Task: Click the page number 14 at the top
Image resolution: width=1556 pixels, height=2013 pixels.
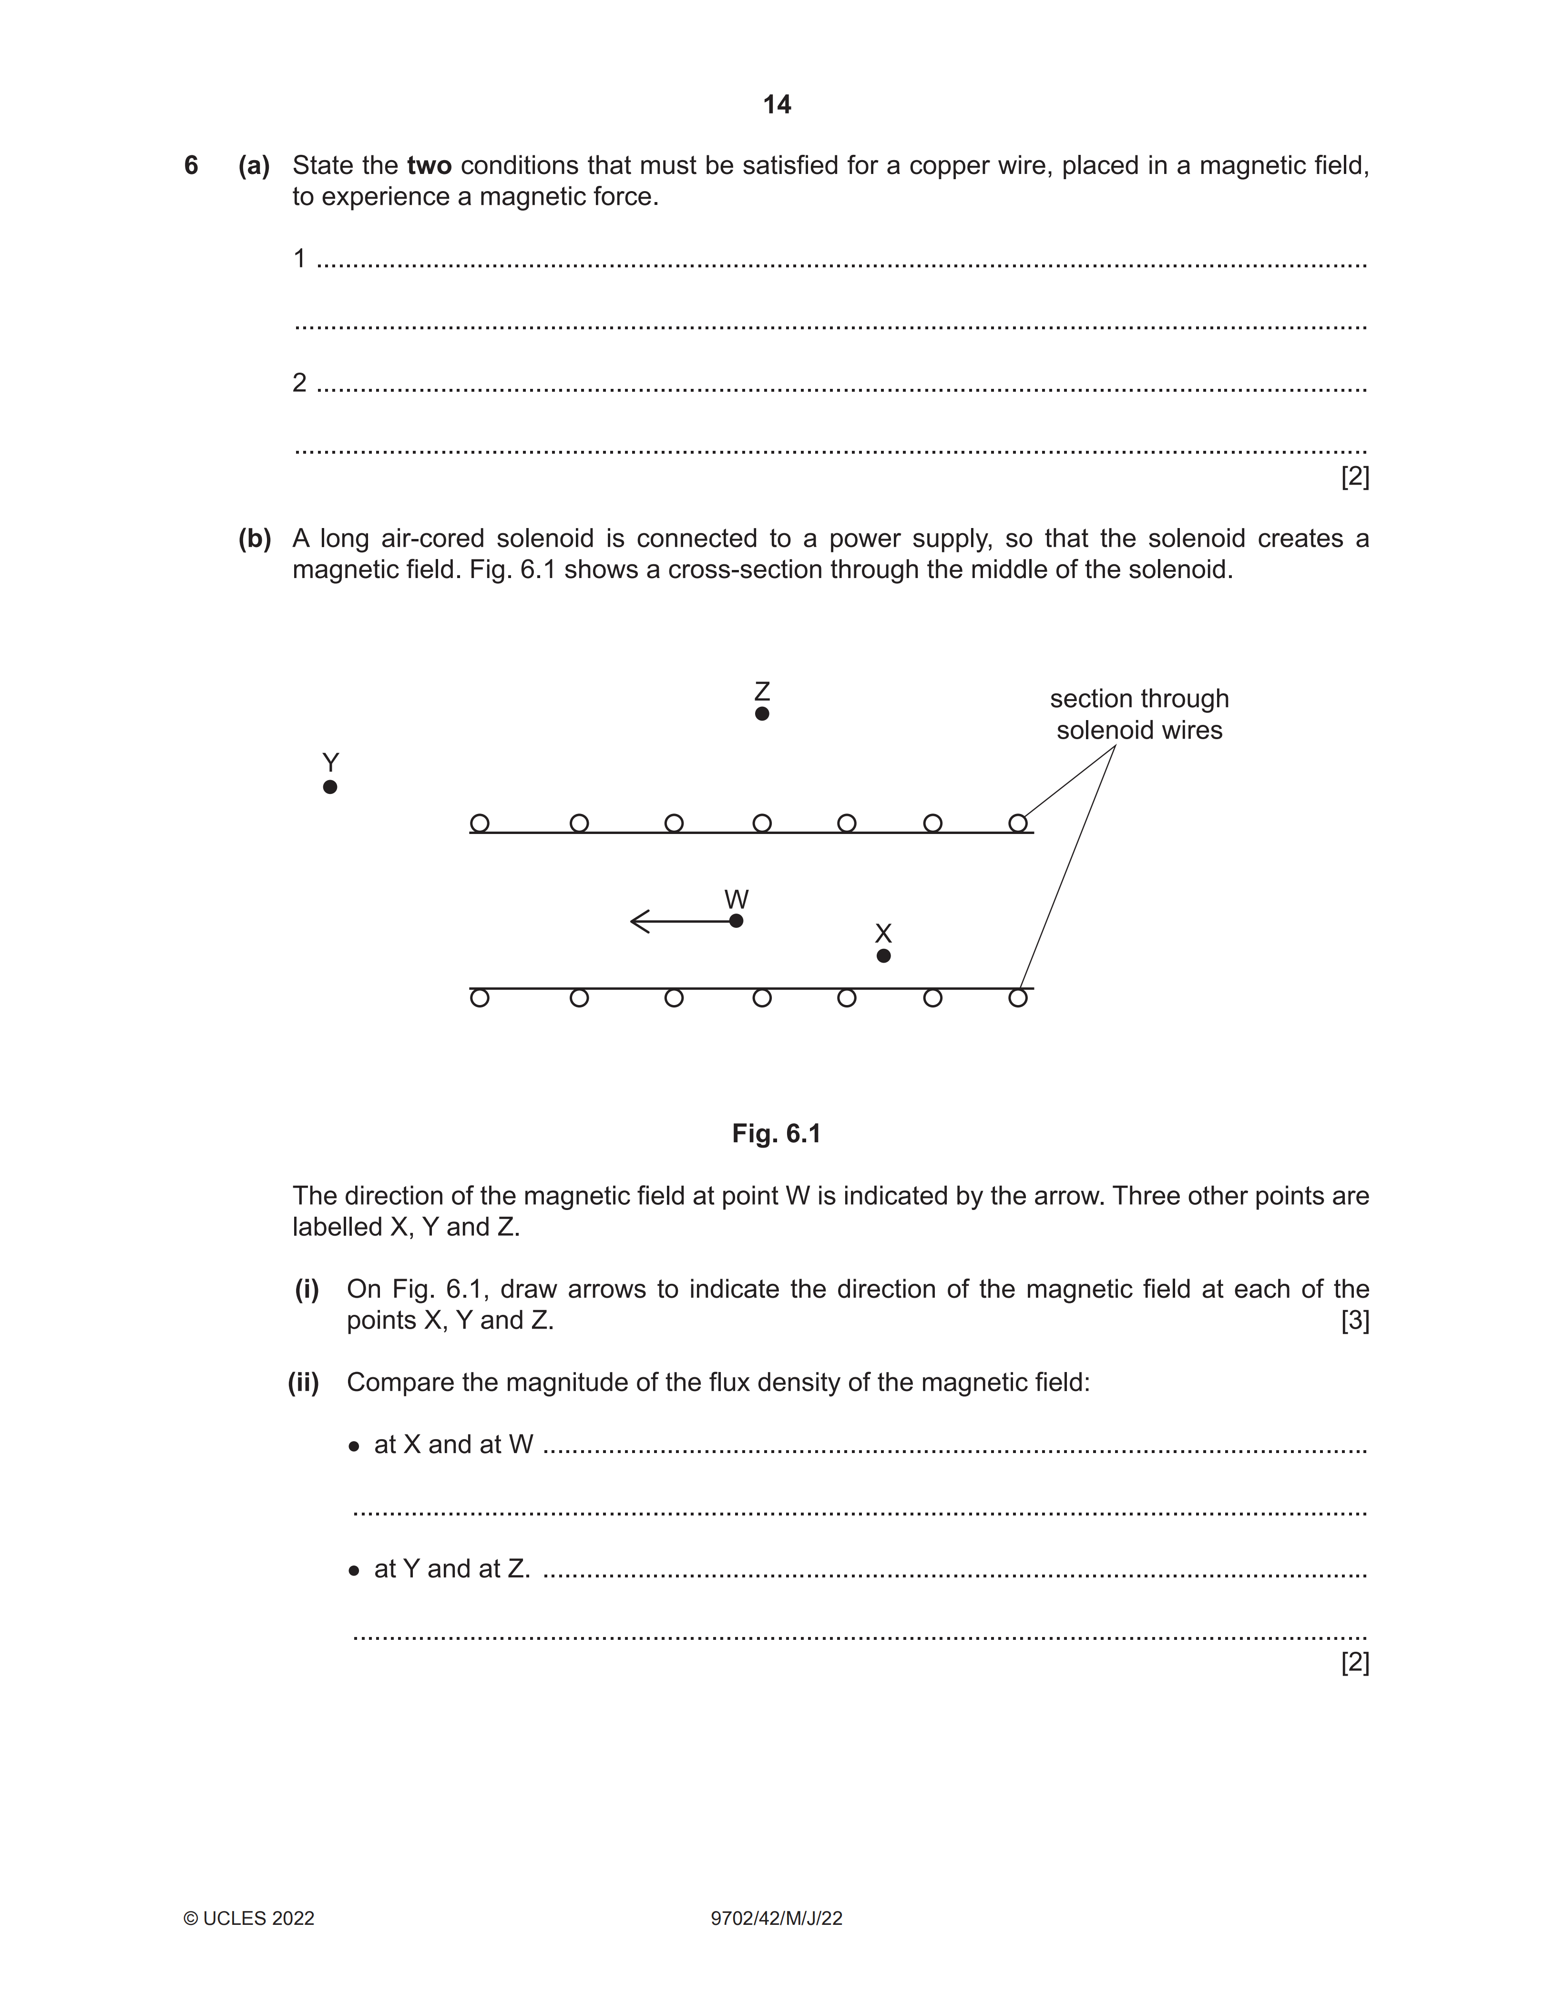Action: pyautogui.click(x=777, y=105)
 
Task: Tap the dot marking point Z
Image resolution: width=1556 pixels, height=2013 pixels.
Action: pyautogui.click(x=761, y=713)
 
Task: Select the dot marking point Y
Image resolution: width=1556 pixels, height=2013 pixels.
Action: pyautogui.click(x=330, y=787)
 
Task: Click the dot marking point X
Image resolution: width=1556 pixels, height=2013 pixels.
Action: pyautogui.click(x=883, y=956)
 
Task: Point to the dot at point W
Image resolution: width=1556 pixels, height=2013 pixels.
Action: pyautogui.click(x=736, y=921)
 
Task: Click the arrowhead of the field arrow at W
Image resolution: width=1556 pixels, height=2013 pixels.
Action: pyautogui.click(x=636, y=921)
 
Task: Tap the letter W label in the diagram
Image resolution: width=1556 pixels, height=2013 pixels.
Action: pyautogui.click(x=736, y=899)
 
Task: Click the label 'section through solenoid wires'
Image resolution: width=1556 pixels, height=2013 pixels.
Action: pyautogui.click(x=1139, y=714)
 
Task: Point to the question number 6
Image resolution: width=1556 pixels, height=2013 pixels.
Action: pyautogui.click(x=191, y=166)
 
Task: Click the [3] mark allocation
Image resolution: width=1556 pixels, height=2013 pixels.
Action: pyautogui.click(x=1354, y=1321)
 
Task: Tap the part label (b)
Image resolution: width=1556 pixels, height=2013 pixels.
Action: pyautogui.click(x=255, y=539)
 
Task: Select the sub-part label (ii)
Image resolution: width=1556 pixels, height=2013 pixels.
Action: pyautogui.click(x=303, y=1383)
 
